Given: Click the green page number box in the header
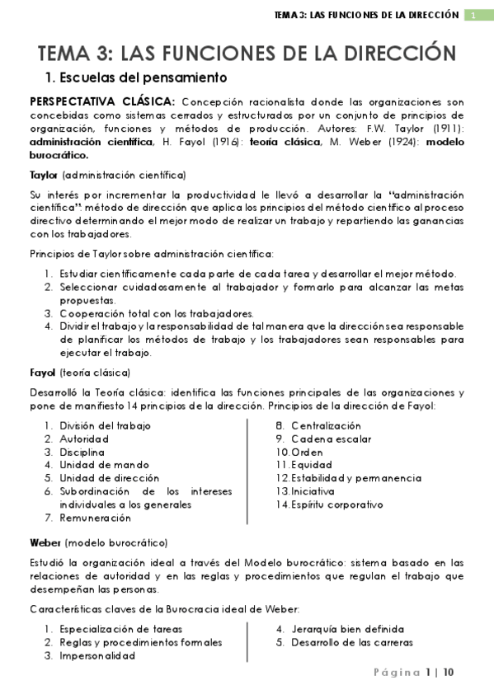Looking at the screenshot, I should (474, 16).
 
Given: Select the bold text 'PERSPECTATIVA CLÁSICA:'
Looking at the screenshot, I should (102, 101).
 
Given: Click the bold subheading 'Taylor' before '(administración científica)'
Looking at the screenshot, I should (43, 175).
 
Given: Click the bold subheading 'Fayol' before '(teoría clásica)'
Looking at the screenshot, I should (42, 372).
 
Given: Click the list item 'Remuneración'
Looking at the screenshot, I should (95, 518).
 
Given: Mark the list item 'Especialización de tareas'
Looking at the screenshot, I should (120, 629).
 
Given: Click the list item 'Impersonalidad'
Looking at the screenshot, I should (97, 656).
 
